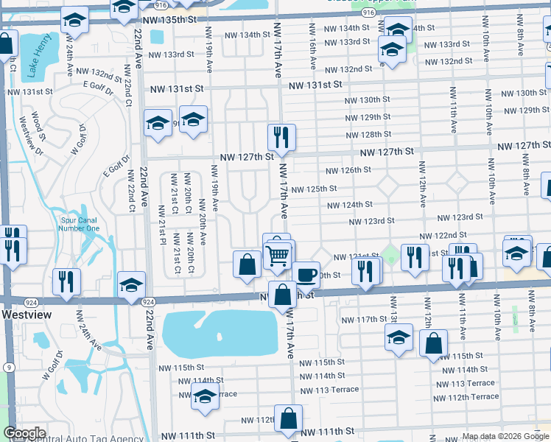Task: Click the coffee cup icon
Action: point(306,275)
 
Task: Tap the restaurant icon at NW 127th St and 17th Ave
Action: point(281,137)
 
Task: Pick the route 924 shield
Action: point(147,302)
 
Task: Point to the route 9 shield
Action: point(7,366)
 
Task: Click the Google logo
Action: point(24,433)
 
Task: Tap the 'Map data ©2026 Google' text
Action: point(505,436)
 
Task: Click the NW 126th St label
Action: point(348,170)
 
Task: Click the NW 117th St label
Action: point(365,320)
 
